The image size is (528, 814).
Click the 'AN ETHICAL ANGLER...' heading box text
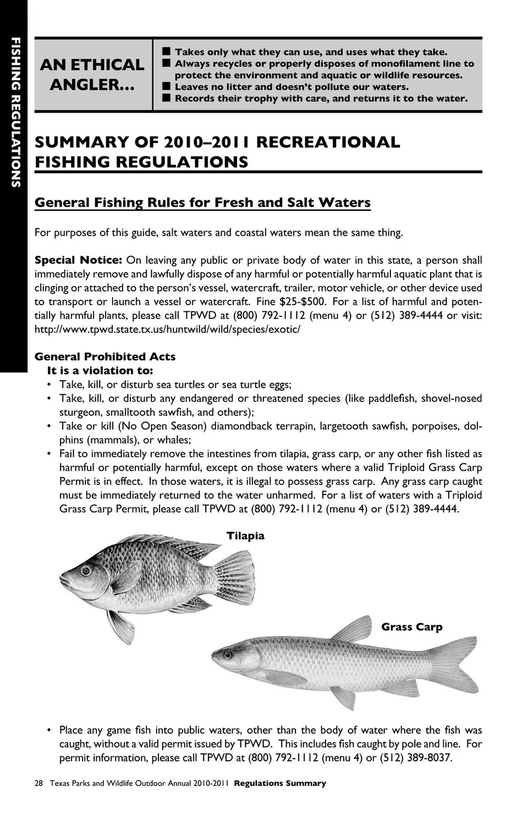92,74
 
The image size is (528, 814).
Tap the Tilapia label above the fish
245,536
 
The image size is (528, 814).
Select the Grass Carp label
411,627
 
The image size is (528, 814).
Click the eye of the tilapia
85,570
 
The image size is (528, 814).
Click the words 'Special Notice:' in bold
78,260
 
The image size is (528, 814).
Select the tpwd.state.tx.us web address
167,329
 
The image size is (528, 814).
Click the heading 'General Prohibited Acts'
105,356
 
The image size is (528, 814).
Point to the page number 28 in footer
38,783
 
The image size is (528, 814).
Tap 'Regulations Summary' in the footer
280,783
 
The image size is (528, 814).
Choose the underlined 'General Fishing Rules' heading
202,202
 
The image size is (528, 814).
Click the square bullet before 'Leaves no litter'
166,87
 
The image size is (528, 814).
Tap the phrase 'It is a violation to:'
100,370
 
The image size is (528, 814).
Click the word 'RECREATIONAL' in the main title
328,142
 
